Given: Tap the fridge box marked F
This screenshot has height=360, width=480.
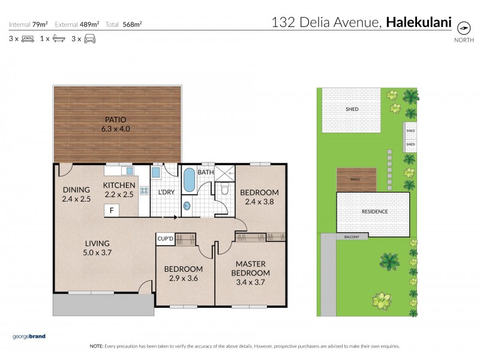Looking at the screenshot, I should click(x=112, y=210).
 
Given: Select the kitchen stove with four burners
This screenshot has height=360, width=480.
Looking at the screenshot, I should click(x=144, y=191).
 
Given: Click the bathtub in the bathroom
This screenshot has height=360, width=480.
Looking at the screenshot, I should click(x=188, y=180).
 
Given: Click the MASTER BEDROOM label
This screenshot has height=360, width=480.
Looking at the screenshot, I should click(x=250, y=268).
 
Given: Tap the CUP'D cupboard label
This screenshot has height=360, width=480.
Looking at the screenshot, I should click(x=165, y=238).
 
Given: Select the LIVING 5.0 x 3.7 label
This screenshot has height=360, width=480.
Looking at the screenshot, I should click(x=97, y=248).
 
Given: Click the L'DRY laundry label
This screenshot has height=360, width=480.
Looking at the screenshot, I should click(x=166, y=193).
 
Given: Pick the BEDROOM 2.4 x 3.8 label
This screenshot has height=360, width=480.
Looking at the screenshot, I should click(x=259, y=197).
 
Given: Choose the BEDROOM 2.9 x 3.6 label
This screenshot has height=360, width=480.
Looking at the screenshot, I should click(x=183, y=273).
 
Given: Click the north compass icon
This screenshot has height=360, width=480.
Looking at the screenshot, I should click(x=463, y=28).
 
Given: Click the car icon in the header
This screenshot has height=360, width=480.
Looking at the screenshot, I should click(x=89, y=39).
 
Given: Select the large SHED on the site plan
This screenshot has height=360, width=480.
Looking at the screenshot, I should click(x=352, y=110).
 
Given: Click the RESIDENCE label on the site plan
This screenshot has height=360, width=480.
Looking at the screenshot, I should click(x=374, y=211).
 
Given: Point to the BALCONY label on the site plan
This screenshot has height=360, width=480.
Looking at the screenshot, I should click(x=352, y=237).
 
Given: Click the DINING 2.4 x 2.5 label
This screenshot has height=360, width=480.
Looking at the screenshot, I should click(x=76, y=194).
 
